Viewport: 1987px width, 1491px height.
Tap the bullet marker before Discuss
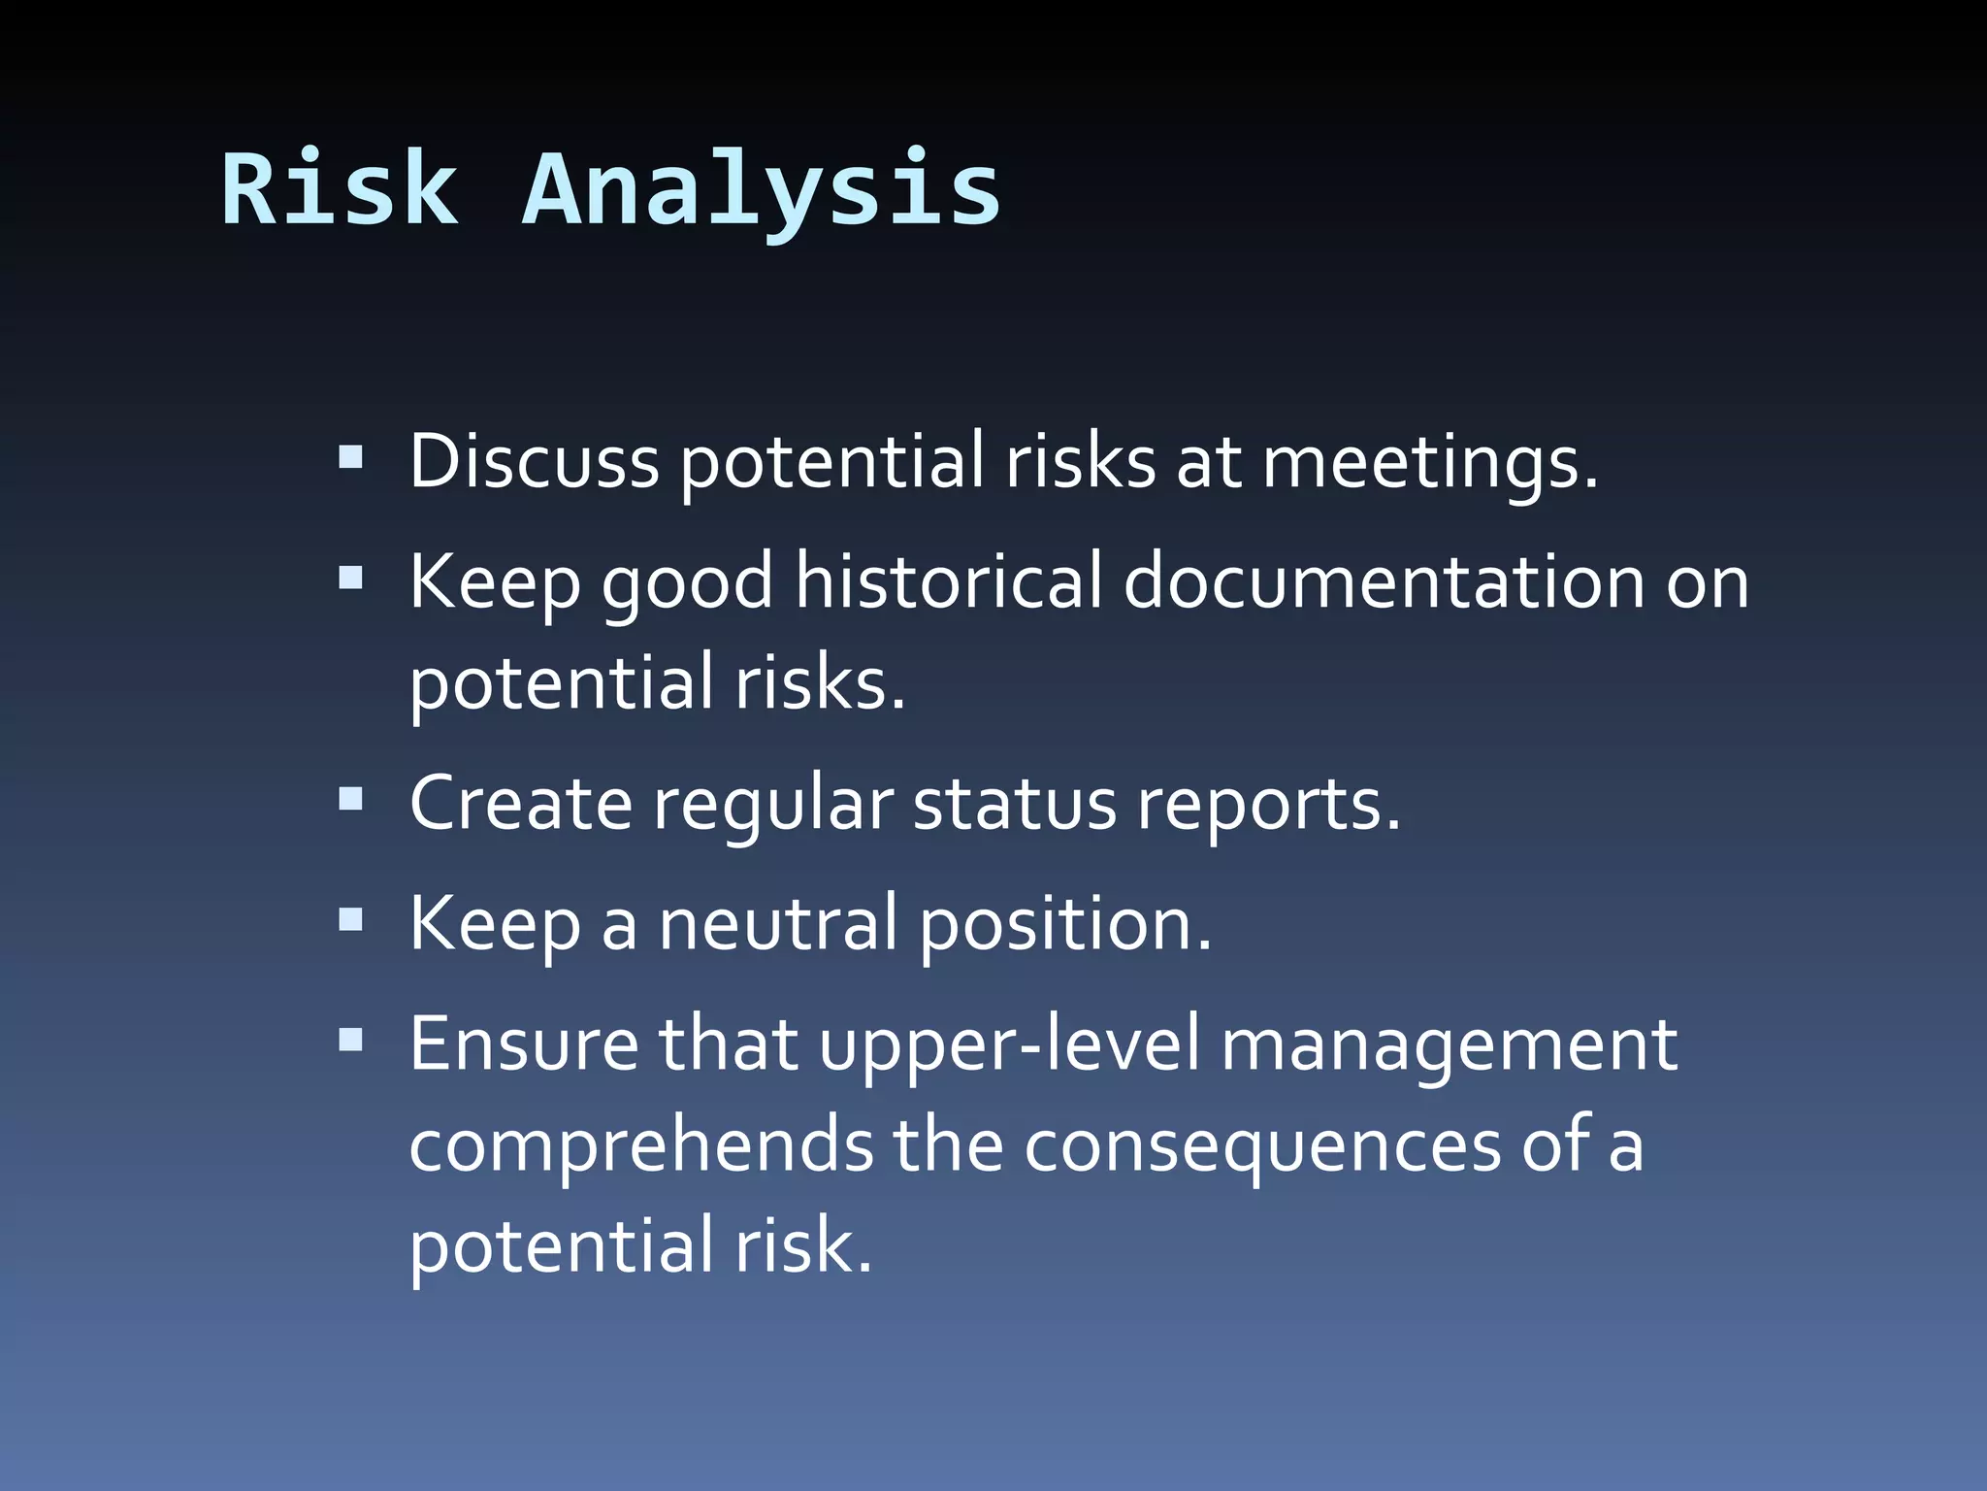351,457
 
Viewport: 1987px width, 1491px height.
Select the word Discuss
534,461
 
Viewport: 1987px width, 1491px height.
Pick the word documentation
1383,582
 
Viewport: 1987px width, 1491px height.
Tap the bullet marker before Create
351,800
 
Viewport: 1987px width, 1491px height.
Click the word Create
520,804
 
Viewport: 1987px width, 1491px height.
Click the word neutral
778,924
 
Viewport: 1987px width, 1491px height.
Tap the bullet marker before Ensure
351,1041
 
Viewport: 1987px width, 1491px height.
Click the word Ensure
524,1044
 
